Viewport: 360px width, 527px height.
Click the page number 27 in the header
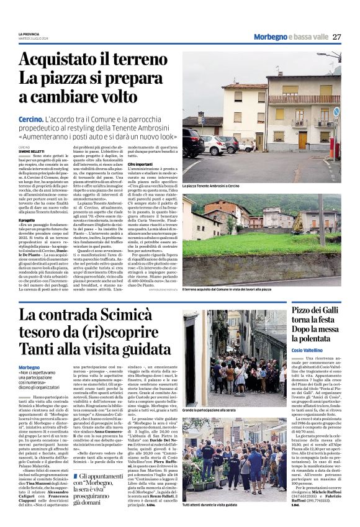[336, 37]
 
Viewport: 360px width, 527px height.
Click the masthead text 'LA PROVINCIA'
[32, 34]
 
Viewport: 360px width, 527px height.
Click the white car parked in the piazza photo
[214, 146]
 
